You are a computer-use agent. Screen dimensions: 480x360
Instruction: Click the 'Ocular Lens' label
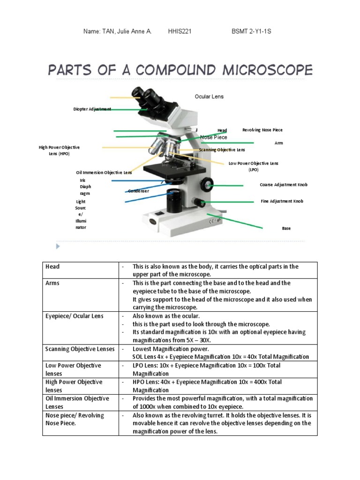(x=209, y=97)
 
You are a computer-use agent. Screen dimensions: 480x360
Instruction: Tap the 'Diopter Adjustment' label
(x=92, y=109)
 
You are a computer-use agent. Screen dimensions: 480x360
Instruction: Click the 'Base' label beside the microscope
(x=286, y=228)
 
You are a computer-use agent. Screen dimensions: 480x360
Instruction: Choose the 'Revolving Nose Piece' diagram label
(x=262, y=130)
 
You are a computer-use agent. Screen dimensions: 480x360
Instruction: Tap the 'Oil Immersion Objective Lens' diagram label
(x=104, y=172)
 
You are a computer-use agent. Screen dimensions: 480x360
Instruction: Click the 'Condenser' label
(x=139, y=191)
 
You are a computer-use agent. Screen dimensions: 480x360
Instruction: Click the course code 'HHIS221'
(x=180, y=31)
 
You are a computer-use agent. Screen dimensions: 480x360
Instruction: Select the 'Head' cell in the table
(x=52, y=267)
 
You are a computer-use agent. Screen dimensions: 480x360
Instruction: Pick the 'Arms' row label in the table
(x=52, y=283)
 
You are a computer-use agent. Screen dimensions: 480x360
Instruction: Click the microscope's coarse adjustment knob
(x=207, y=184)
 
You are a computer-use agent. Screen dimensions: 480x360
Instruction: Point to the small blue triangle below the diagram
(x=58, y=247)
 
